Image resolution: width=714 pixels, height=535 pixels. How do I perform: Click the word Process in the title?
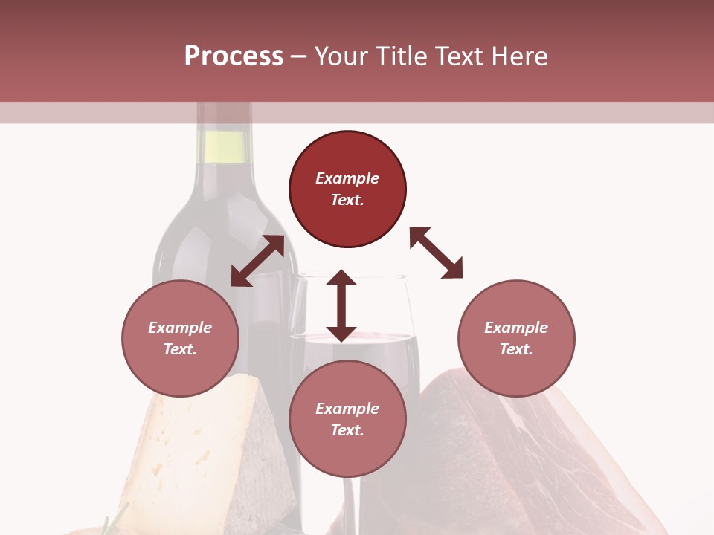click(x=234, y=56)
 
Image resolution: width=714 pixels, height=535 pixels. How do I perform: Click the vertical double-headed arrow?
click(x=341, y=305)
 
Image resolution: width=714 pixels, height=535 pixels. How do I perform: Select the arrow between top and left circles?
click(x=257, y=261)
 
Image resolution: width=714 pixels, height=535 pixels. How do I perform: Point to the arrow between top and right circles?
click(x=436, y=253)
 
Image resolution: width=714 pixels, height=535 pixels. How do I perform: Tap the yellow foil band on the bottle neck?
click(x=224, y=146)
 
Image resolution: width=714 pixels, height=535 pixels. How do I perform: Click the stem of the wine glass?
click(x=350, y=505)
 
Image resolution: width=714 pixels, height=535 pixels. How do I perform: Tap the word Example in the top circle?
click(x=347, y=178)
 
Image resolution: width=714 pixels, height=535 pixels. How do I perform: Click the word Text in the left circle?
click(x=180, y=349)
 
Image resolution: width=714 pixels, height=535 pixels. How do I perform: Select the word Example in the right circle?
click(x=516, y=328)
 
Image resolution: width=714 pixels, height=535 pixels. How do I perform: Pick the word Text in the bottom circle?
click(x=347, y=430)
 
